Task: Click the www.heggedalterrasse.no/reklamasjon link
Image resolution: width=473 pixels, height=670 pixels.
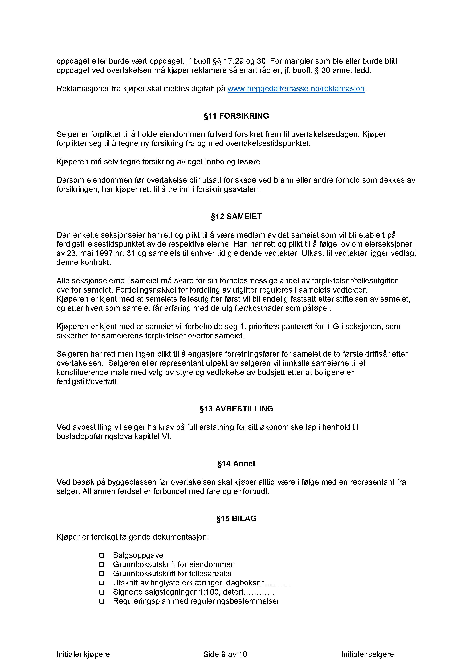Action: tap(296, 89)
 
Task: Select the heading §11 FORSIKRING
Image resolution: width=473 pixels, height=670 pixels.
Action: tap(236, 116)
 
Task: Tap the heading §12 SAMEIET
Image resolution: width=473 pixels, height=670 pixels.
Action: tap(236, 217)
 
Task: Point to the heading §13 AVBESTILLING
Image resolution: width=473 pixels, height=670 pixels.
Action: tap(236, 409)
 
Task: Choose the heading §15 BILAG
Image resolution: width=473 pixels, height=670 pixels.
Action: tap(236, 519)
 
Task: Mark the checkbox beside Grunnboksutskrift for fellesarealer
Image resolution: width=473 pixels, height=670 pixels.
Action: tap(102, 574)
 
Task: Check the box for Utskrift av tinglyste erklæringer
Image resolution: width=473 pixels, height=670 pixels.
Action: tap(102, 583)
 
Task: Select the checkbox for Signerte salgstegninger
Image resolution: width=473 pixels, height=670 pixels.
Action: tap(102, 592)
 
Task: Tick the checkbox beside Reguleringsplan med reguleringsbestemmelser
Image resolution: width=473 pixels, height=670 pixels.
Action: tap(102, 601)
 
